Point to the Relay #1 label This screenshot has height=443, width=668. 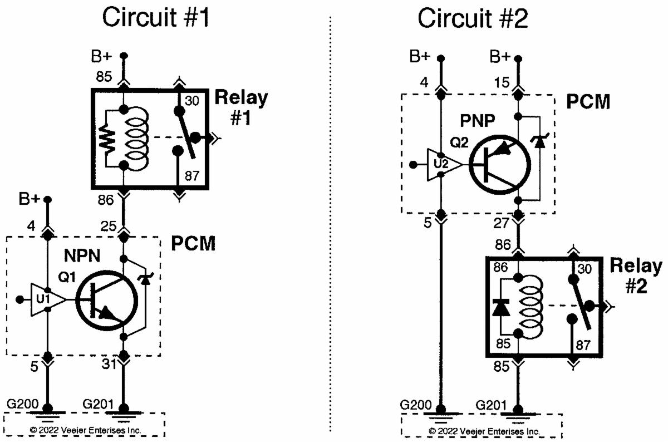[x=240, y=107]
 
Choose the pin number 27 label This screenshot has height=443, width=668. [x=502, y=225]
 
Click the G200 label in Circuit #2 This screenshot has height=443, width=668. [x=415, y=404]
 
